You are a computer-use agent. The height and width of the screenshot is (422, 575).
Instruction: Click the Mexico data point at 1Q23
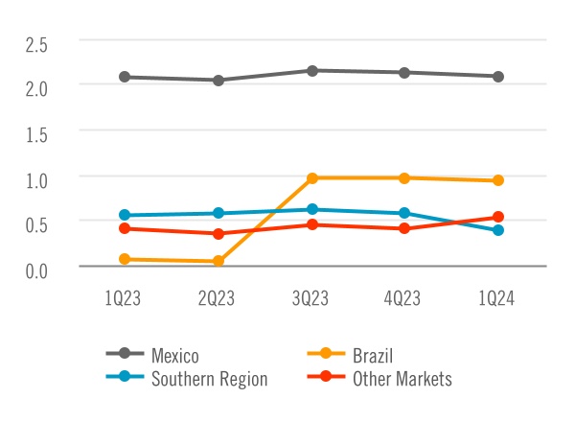[x=126, y=77]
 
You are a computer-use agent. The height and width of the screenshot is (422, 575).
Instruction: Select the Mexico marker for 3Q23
[x=312, y=70]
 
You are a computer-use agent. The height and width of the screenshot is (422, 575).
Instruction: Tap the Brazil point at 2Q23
[x=218, y=261]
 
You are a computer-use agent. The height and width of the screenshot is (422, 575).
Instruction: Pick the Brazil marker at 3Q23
[x=312, y=177]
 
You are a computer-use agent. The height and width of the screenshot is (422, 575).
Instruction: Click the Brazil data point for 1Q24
[x=498, y=180]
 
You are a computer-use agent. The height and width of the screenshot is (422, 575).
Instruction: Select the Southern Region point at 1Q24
[x=498, y=230]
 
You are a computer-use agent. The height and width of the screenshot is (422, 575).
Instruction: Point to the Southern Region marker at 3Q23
[x=312, y=209]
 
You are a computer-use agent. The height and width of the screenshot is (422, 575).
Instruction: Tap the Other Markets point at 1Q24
[x=498, y=217]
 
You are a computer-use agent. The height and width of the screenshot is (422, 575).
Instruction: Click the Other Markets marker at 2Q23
[x=218, y=233]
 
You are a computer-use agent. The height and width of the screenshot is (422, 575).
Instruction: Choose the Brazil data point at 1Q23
[x=126, y=259]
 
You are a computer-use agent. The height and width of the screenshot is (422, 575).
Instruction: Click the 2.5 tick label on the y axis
[x=35, y=42]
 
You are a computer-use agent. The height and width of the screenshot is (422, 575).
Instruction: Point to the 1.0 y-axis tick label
[x=35, y=178]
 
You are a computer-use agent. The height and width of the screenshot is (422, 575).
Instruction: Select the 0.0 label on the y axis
[x=35, y=270]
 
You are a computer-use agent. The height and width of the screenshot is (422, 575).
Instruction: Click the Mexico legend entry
[x=174, y=357]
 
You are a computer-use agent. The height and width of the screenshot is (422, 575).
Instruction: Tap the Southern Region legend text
[x=209, y=379]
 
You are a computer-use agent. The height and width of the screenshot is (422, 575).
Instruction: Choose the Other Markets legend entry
[x=402, y=379]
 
